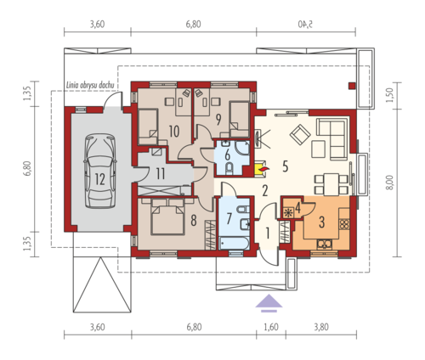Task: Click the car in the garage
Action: (100, 171)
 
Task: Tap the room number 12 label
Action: (100, 179)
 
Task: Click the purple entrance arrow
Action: (269, 303)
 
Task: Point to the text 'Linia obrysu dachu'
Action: (90, 85)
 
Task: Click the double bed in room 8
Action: (167, 217)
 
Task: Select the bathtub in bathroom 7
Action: (234, 244)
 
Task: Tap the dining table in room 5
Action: (331, 184)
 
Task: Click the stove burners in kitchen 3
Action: (344, 224)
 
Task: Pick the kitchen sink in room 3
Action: (325, 244)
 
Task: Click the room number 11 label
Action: (161, 173)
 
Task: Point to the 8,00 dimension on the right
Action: (390, 183)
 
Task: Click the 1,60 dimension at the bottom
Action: (271, 327)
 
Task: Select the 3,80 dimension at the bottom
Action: (321, 327)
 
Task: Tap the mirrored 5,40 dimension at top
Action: (305, 25)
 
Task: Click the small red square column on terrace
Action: (352, 86)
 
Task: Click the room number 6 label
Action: (227, 155)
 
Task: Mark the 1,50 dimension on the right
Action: (390, 95)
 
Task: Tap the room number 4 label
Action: (297, 208)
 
